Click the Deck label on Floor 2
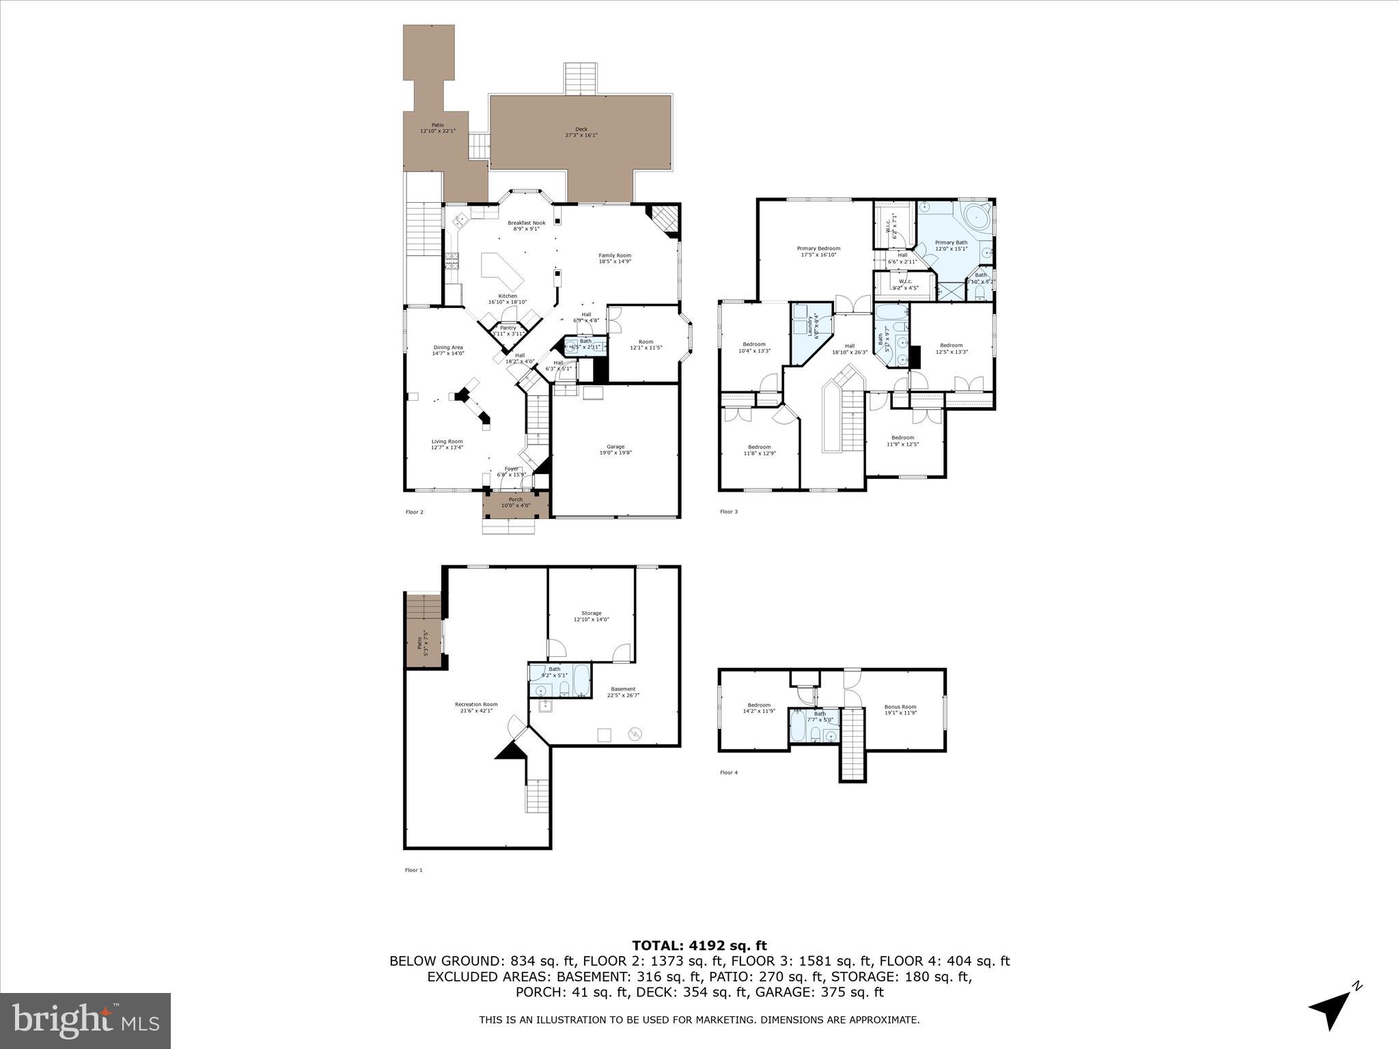click(x=581, y=132)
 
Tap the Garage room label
click(x=615, y=449)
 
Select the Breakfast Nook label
click(x=526, y=225)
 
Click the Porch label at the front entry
click(x=515, y=503)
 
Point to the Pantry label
click(x=508, y=331)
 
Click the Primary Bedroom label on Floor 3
click(x=818, y=251)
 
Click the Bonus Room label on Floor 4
click(x=900, y=710)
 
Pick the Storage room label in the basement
click(x=591, y=616)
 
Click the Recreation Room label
click(x=476, y=707)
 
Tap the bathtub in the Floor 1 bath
click(x=581, y=680)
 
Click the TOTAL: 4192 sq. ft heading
click(x=699, y=946)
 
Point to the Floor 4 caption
click(x=728, y=772)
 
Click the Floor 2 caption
click(x=414, y=512)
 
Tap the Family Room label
click(x=615, y=258)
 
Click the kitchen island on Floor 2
click(x=502, y=272)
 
